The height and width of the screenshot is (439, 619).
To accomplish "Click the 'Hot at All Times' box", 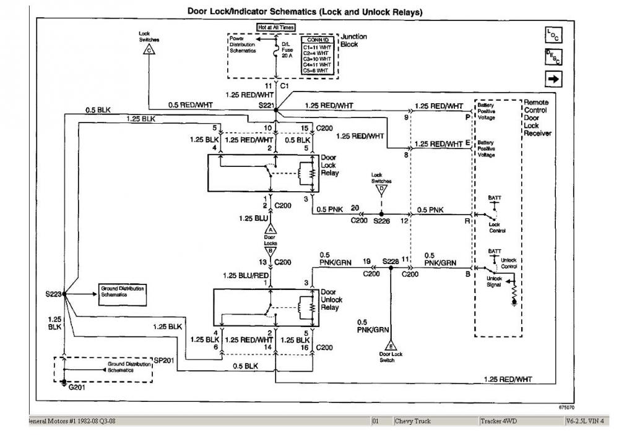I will [277, 27].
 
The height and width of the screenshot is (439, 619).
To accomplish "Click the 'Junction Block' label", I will [354, 40].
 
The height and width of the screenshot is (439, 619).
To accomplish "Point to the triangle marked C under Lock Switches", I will [149, 51].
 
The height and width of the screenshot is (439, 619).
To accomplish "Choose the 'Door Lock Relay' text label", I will [329, 165].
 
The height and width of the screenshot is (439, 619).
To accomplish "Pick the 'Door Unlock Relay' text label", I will [329, 299].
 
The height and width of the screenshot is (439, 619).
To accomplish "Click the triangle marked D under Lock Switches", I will [382, 188].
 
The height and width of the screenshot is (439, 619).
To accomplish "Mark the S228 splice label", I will [390, 262].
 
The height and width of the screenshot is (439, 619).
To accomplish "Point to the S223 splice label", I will [53, 294].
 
